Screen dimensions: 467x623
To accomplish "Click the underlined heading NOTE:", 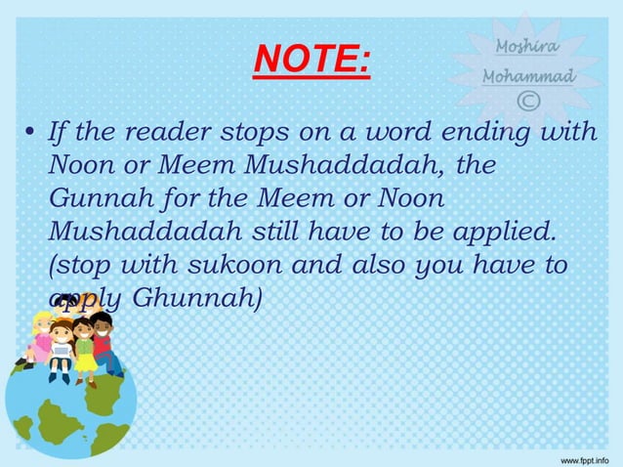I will click(311, 61).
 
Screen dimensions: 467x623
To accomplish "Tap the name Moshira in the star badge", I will click(528, 45).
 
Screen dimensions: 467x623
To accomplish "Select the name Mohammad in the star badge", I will click(528, 75).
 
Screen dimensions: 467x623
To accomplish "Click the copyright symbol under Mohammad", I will click(528, 101).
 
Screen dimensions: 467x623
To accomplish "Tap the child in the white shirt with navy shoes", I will click(61, 352).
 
